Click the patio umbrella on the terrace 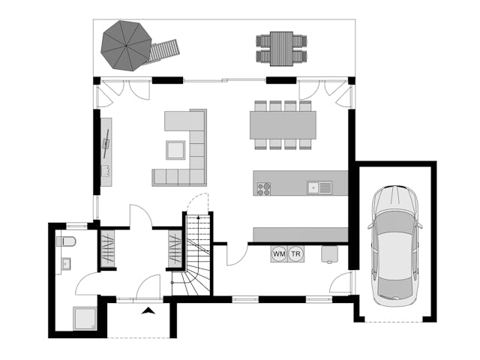pos(126,46)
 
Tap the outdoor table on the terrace pos(282,48)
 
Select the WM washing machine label pos(279,253)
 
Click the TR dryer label pos(296,253)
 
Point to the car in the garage pos(395,245)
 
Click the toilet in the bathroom pos(66,241)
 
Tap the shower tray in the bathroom pos(85,319)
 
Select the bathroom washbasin pos(66,263)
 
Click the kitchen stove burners pos(263,188)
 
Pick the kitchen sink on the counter pos(319,187)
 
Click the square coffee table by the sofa pos(175,150)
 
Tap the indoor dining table pos(283,125)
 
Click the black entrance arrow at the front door pos(148,310)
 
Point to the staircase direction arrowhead pos(198,217)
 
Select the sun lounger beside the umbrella pos(163,51)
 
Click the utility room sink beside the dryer pos(329,254)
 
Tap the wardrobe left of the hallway pos(108,248)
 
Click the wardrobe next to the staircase pos(175,248)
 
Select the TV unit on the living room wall pos(106,152)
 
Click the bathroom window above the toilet pos(76,226)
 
